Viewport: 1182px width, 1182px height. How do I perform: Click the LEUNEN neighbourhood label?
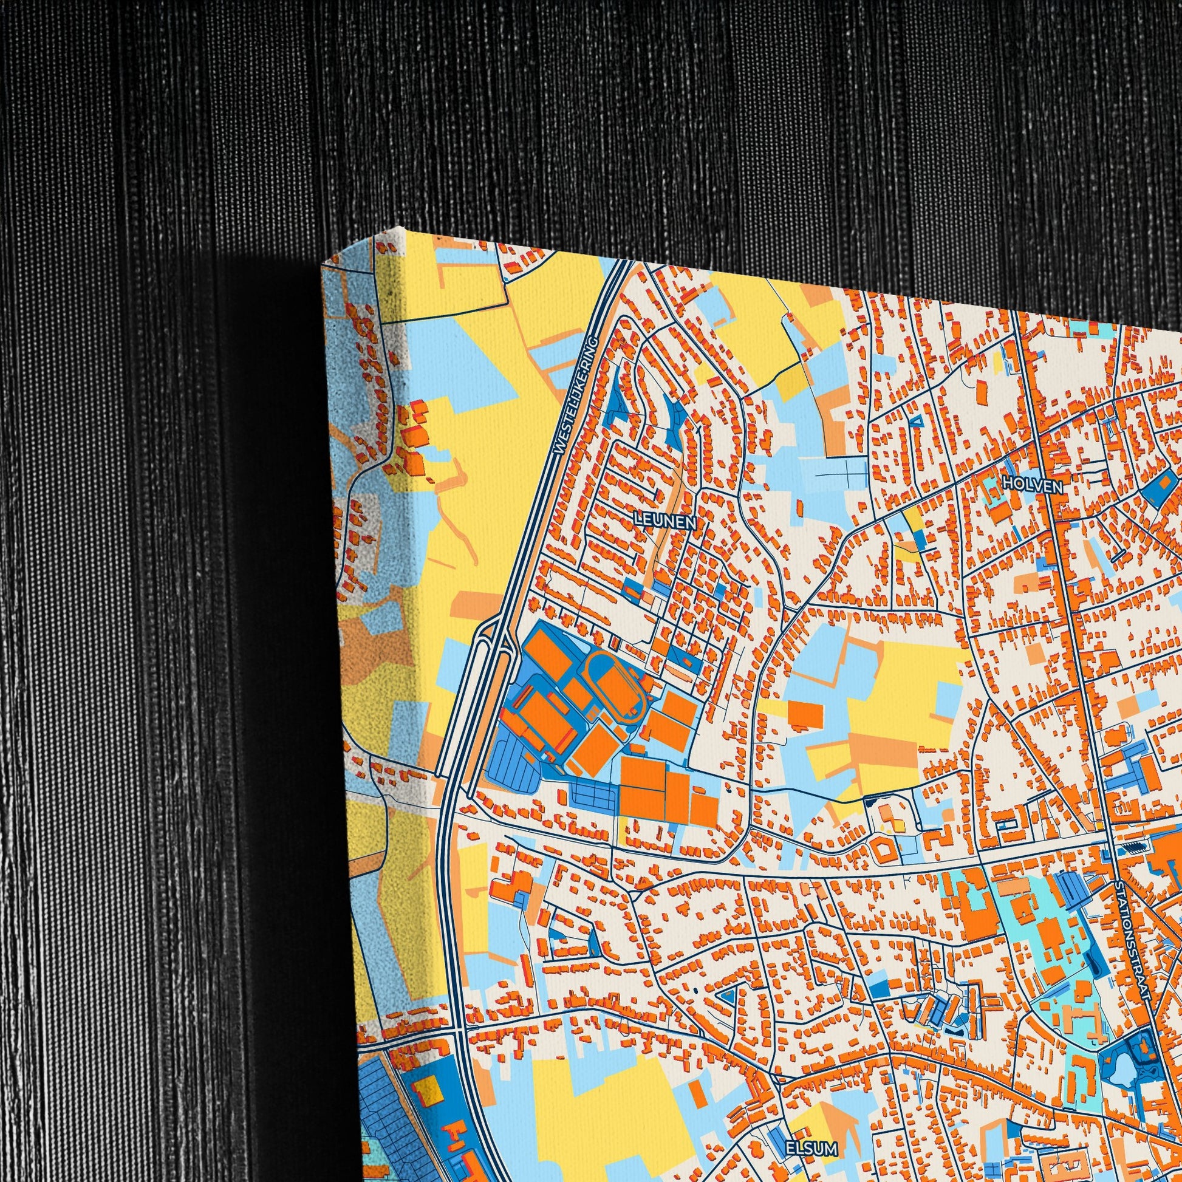tap(665, 521)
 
